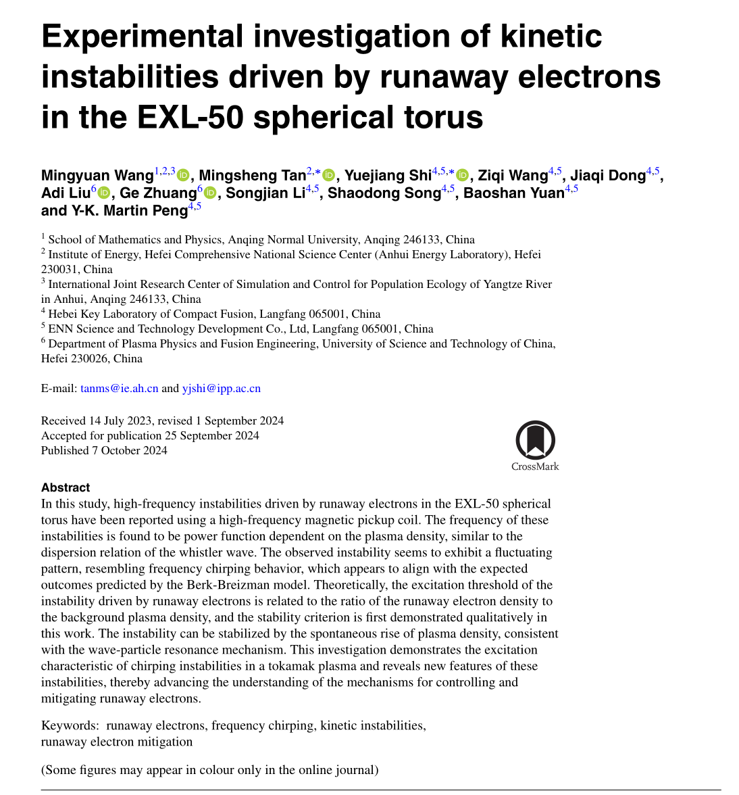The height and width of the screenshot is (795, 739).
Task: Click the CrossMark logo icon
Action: click(x=535, y=440)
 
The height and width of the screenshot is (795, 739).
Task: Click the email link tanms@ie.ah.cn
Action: click(x=119, y=389)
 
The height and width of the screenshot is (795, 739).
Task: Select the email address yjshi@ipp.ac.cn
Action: click(x=221, y=389)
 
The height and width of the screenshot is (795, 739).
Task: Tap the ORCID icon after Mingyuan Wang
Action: click(x=183, y=176)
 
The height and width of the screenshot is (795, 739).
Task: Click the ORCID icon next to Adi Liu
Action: click(x=104, y=193)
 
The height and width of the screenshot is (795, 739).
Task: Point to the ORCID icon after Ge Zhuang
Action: click(x=210, y=193)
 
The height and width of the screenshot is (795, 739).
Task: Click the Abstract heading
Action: click(x=65, y=487)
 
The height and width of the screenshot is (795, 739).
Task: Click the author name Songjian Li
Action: click(x=264, y=193)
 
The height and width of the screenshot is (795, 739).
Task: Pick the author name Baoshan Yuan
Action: click(x=513, y=193)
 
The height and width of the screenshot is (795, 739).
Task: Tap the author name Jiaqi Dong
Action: click(x=607, y=176)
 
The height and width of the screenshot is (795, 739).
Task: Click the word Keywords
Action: click(x=70, y=725)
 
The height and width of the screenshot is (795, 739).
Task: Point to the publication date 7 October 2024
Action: click(x=129, y=450)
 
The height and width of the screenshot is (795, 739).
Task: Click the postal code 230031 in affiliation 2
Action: click(x=60, y=269)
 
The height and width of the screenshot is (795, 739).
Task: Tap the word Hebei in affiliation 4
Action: click(x=63, y=314)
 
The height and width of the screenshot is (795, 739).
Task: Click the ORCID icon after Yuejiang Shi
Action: click(x=463, y=176)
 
